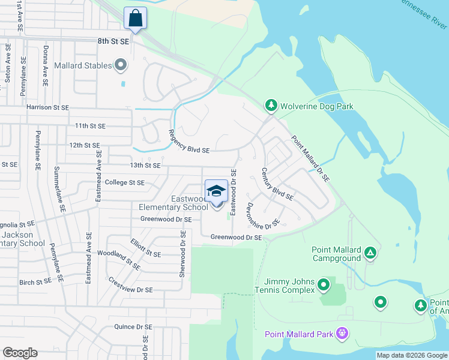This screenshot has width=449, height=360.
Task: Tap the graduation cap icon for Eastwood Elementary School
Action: pyautogui.click(x=217, y=191)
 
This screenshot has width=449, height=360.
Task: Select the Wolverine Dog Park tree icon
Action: pyautogui.click(x=271, y=106)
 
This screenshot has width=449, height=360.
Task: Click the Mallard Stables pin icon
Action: pyautogui.click(x=121, y=65)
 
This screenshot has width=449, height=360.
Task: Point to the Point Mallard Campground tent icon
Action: pyautogui.click(x=370, y=253)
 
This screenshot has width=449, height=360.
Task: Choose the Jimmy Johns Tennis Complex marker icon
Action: pyautogui.click(x=324, y=284)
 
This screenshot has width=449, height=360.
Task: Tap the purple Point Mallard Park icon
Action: pyautogui.click(x=342, y=333)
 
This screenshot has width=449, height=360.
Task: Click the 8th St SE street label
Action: pyautogui.click(x=113, y=41)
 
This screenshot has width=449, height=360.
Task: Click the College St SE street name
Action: pyautogui.click(x=125, y=182)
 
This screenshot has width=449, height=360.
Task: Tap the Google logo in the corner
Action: pyautogui.click(x=20, y=353)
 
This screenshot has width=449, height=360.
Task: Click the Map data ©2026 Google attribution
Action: pyautogui.click(x=411, y=355)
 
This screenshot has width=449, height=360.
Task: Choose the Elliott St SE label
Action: pyautogui.click(x=146, y=248)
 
